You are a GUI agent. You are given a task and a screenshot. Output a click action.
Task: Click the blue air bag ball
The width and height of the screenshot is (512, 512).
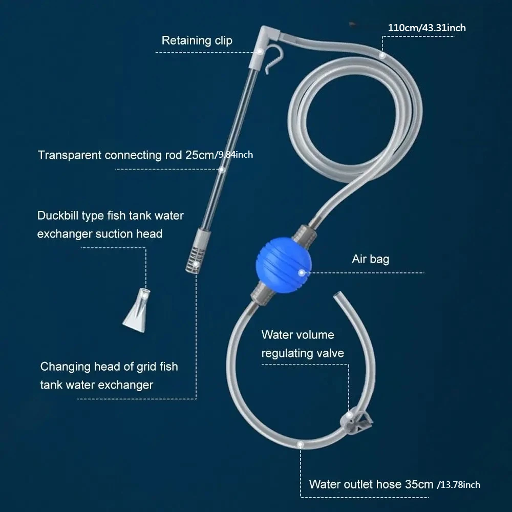tap(284, 265)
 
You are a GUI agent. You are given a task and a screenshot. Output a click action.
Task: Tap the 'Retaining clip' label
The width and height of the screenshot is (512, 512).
tap(197, 40)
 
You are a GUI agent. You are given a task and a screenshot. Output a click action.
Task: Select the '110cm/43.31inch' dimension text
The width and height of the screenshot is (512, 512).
tap(427, 28)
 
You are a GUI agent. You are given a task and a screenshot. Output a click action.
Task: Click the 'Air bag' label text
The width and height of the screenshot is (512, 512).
tap(370, 259)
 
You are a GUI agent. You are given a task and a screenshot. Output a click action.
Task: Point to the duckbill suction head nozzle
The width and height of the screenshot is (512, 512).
tap(137, 311)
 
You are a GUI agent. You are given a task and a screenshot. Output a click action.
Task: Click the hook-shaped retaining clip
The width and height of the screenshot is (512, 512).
tap(273, 59)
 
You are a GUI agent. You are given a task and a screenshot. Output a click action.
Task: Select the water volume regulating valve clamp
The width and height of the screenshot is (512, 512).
tap(356, 422)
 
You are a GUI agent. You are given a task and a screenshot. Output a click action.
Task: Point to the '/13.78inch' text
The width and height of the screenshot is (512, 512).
tap(459, 485)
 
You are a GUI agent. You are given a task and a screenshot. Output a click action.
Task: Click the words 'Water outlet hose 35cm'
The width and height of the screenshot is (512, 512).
tap(371, 484)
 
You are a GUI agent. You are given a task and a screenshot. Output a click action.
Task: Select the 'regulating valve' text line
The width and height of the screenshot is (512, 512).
tap(303, 353)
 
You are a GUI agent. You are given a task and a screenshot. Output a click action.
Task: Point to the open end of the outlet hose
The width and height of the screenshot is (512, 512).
tap(337, 295)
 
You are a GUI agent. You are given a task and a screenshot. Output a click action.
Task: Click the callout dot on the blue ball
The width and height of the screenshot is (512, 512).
tap(302, 273)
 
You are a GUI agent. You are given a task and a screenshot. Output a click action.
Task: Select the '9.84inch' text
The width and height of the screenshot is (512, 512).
tap(236, 155)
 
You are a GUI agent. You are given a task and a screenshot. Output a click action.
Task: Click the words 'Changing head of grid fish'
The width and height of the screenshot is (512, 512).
tap(109, 367)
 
